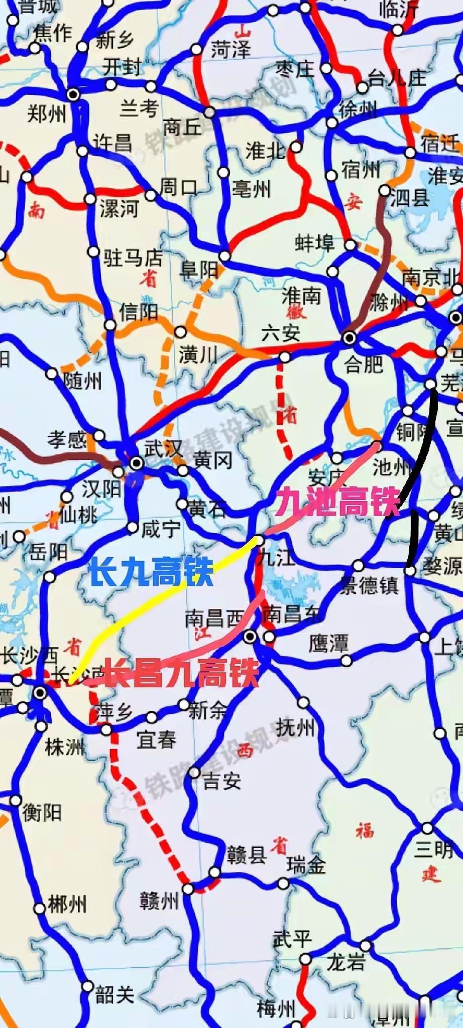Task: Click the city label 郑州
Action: (x=47, y=113)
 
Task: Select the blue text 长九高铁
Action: (x=151, y=572)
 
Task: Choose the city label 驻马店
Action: (x=133, y=258)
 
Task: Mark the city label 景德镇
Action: (x=370, y=585)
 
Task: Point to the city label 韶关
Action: (x=115, y=994)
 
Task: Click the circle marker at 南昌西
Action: (x=250, y=637)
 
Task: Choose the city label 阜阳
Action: (x=199, y=270)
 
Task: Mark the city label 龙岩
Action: (x=346, y=962)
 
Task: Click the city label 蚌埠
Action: (x=315, y=243)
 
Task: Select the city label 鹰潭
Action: (x=328, y=644)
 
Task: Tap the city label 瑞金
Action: (x=306, y=865)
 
